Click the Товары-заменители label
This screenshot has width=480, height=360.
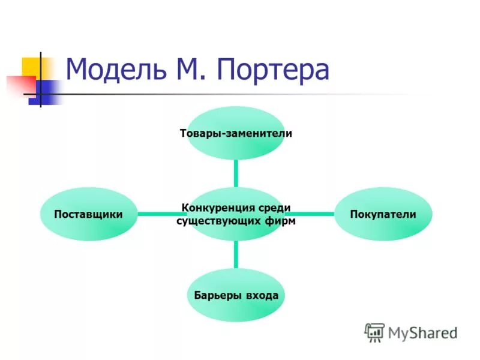[236, 133]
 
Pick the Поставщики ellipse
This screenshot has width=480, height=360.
[88, 214]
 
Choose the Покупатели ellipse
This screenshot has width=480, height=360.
[383, 214]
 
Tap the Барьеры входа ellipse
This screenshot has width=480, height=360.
[236, 295]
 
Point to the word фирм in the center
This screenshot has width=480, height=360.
[283, 221]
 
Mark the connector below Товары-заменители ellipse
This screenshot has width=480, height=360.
[236, 173]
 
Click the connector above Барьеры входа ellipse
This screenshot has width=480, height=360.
[236, 254]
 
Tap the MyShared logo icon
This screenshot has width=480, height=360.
[374, 332]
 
